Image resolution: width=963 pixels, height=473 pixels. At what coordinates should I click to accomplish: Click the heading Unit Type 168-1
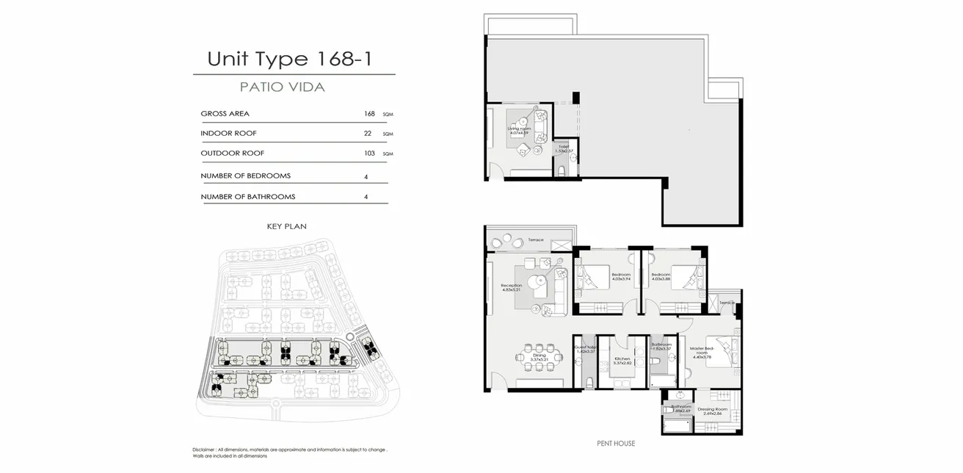click(289, 59)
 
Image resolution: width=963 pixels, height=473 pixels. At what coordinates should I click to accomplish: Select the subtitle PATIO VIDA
click(283, 87)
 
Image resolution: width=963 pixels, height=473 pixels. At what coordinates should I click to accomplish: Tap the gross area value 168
click(369, 114)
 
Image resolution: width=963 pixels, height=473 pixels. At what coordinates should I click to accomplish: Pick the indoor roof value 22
click(368, 134)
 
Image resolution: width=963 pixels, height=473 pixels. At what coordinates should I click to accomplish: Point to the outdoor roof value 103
click(369, 154)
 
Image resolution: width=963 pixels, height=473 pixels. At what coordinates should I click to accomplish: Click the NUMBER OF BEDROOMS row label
click(245, 176)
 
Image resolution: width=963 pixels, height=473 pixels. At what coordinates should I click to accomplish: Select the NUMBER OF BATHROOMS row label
click(247, 197)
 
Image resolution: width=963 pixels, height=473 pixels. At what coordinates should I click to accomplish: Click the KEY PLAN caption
click(286, 227)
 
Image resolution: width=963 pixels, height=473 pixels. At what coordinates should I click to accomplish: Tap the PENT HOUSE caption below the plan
click(616, 444)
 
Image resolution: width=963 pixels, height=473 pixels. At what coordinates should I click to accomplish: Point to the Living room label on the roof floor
click(519, 129)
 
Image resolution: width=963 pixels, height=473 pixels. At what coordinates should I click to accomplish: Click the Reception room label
click(511, 286)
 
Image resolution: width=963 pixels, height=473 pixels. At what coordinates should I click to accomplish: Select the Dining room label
click(539, 357)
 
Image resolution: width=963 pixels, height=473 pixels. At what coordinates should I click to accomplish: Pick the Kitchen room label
click(622, 360)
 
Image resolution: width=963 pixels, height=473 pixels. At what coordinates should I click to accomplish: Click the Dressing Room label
click(712, 411)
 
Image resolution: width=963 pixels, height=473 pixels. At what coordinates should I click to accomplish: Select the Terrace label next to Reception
click(535, 240)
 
